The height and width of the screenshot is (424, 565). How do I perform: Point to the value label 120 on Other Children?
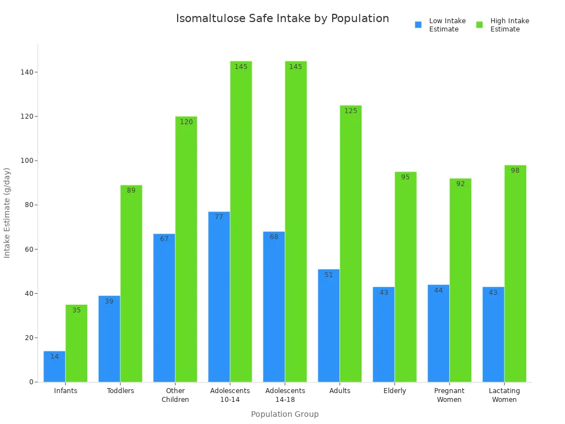[186, 122]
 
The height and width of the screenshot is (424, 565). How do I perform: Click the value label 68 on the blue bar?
[274, 237]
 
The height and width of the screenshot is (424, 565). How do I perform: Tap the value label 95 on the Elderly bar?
[406, 177]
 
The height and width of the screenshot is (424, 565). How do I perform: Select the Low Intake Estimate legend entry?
[440, 25]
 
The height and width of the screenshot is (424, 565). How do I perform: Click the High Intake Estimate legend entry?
[502, 25]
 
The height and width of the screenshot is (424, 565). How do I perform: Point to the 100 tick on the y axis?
[26, 161]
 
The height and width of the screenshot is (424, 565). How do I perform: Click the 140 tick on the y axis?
[26, 72]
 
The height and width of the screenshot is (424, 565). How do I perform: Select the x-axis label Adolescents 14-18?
[285, 395]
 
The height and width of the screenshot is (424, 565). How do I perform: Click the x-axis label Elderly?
[395, 391]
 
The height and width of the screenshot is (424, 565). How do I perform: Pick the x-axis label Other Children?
[175, 395]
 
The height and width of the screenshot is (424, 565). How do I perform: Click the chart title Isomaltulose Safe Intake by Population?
[282, 18]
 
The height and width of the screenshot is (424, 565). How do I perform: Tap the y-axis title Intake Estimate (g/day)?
[7, 213]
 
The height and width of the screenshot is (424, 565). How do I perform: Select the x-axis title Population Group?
[285, 414]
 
